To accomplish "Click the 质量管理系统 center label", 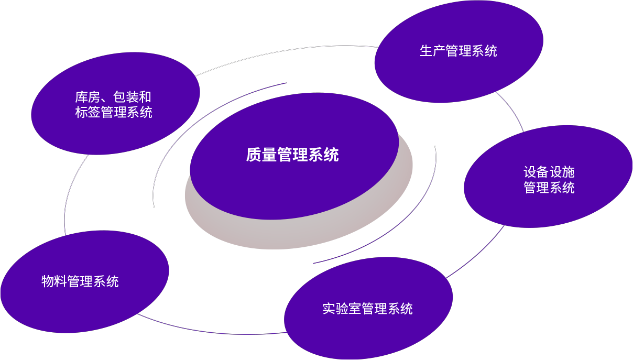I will (x=292, y=155).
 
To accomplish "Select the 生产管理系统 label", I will (x=458, y=51).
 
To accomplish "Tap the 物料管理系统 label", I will (x=80, y=281).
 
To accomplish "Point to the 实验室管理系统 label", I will (x=367, y=309).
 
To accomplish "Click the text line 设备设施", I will (x=549, y=172).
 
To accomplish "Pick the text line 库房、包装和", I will (x=113, y=97).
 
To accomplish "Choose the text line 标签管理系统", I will (x=113, y=112).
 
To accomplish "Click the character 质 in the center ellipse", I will (x=254, y=155).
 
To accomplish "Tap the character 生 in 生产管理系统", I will (x=426, y=51).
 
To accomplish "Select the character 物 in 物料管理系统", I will (x=48, y=281).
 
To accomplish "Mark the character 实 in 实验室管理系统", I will (x=329, y=309).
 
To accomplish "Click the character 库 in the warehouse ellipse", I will (x=81, y=97).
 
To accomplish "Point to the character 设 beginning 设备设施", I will (x=530, y=172).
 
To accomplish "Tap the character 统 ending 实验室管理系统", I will (x=407, y=309).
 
